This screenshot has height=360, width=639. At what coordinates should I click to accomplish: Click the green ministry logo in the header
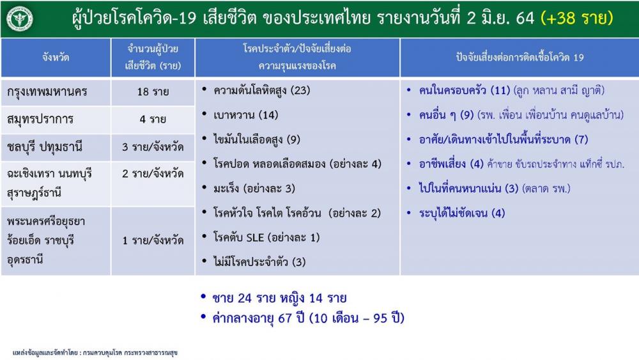click(20, 19)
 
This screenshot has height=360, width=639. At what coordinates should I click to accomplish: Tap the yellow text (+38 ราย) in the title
click(576, 18)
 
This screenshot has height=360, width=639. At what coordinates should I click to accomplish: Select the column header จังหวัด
click(56, 57)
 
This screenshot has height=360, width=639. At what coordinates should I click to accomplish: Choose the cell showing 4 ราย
click(153, 120)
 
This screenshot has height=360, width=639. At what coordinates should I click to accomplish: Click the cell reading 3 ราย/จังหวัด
click(153, 147)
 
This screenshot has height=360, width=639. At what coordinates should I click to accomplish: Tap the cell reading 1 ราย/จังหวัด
click(153, 240)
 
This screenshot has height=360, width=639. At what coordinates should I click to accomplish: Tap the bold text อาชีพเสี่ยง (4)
click(451, 164)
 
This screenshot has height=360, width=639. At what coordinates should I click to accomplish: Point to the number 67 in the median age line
click(285, 318)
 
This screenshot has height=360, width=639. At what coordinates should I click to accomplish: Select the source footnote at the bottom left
click(95, 353)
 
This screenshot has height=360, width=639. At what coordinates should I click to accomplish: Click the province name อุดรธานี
click(25, 260)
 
